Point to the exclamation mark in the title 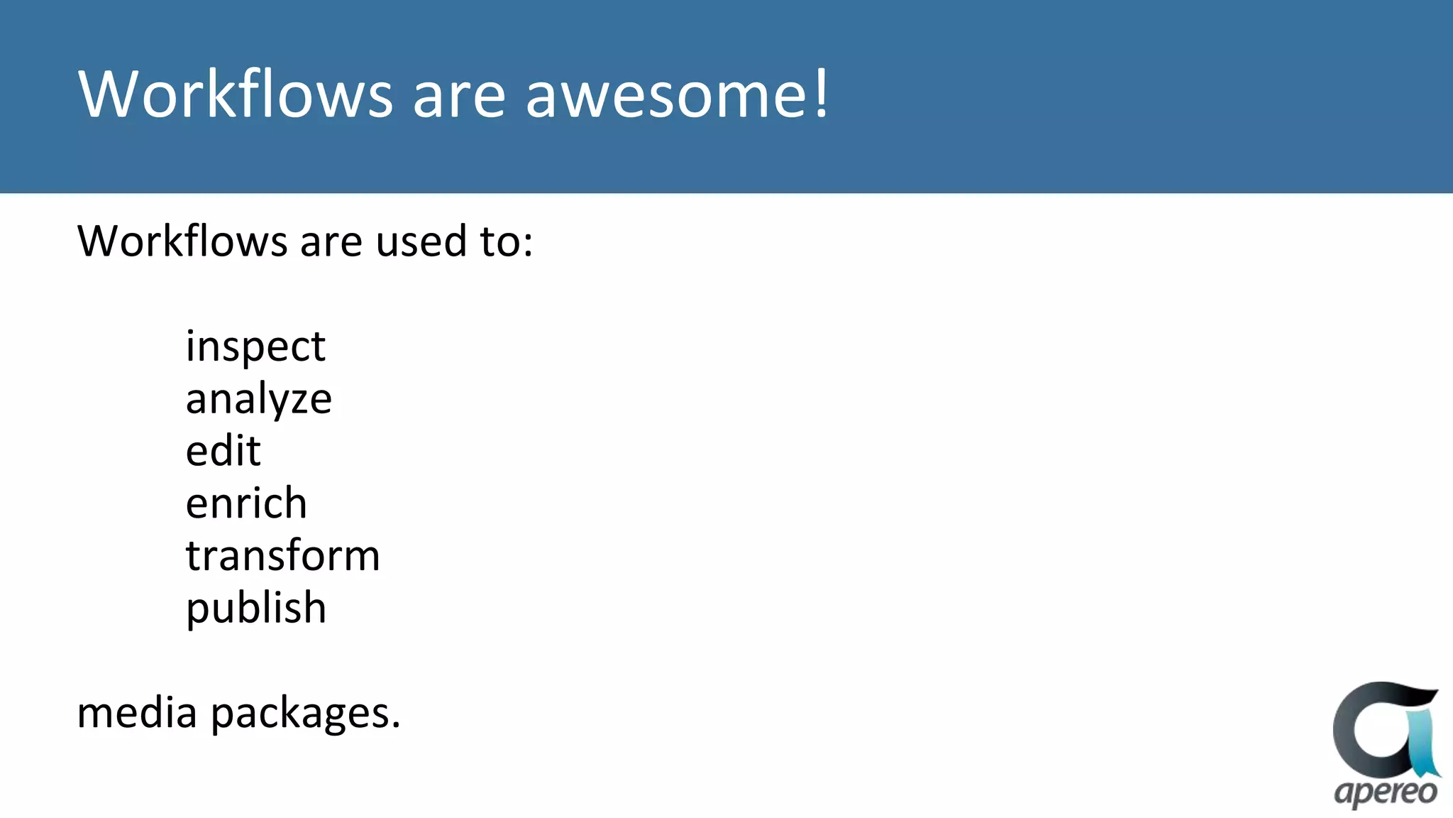click(x=821, y=93)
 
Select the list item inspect click(x=255, y=347)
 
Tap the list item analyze click(x=258, y=400)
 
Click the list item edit click(x=223, y=451)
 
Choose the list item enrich click(x=246, y=503)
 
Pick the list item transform click(x=282, y=556)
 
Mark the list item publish click(x=255, y=609)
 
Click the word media click(x=136, y=712)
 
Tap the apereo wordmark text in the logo click(x=1385, y=792)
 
